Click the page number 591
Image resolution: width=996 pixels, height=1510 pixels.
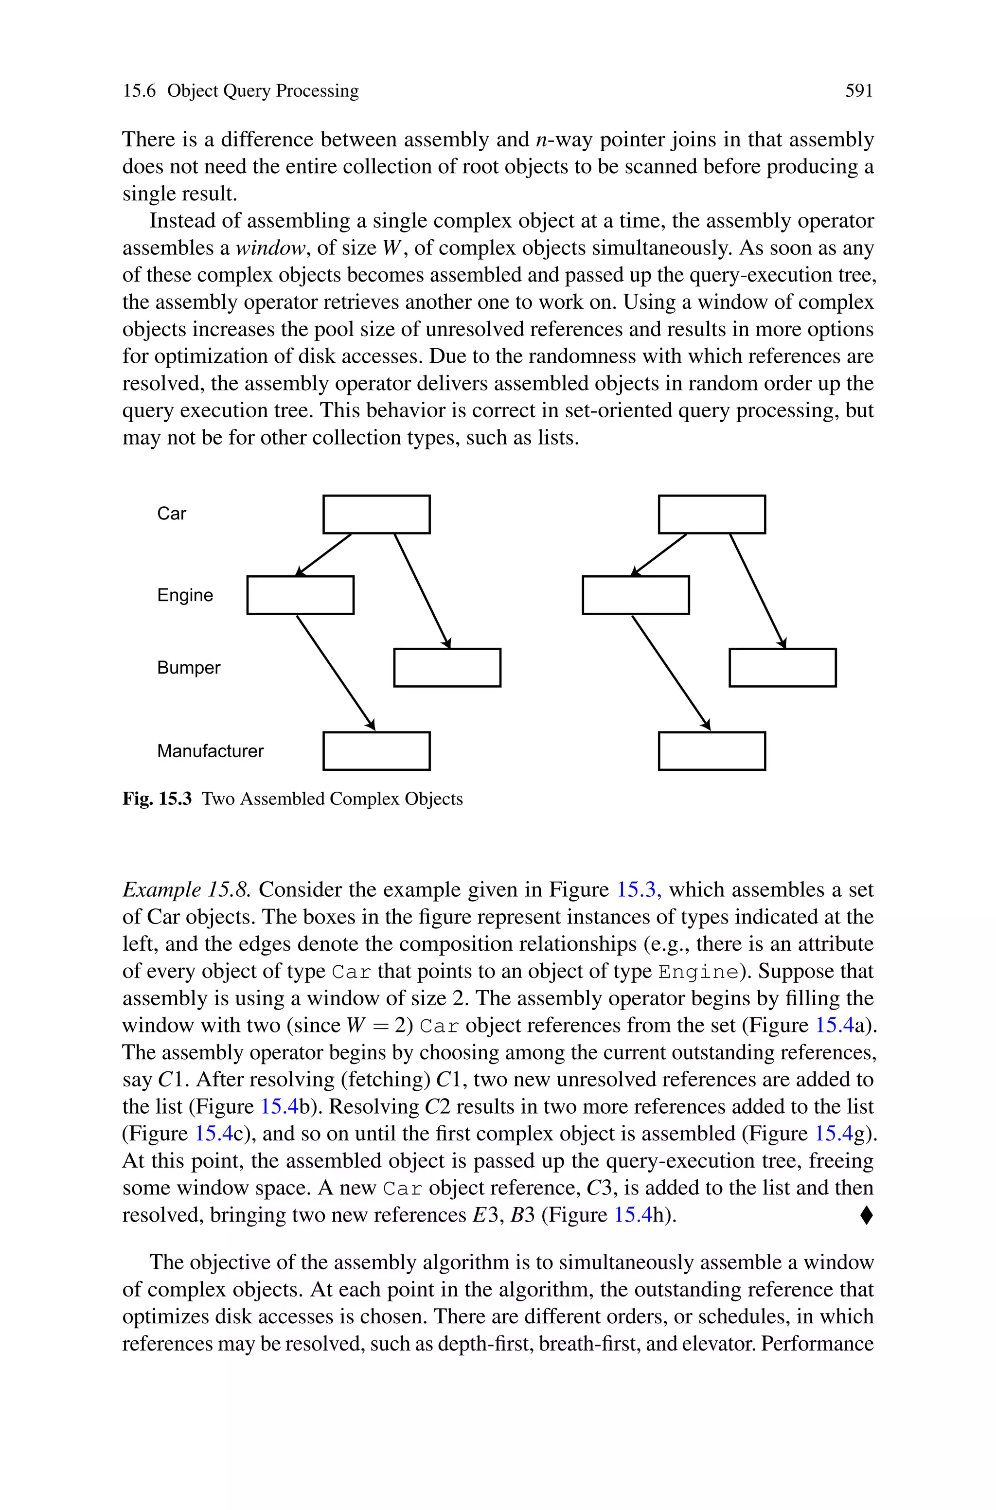[858, 91]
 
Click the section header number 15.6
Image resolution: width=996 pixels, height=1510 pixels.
[139, 91]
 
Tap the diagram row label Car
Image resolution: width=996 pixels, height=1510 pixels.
[172, 514]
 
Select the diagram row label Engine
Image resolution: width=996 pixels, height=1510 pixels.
[185, 595]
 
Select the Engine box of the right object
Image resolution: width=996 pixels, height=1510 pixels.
[635, 595]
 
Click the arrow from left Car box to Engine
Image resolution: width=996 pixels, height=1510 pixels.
[324, 554]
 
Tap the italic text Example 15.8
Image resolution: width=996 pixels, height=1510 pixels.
[187, 889]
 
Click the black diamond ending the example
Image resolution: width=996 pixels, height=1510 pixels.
[867, 1215]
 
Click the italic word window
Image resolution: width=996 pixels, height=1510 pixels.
[270, 248]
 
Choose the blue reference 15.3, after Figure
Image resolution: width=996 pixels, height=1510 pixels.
[639, 889]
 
